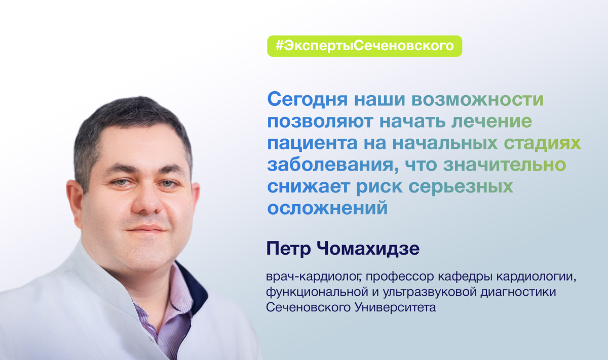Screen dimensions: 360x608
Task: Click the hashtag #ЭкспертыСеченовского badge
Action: [x=364, y=46]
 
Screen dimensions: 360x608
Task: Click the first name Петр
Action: [x=289, y=249]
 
